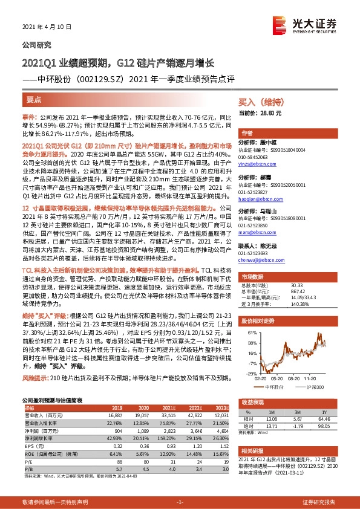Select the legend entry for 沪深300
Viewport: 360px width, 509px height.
(315, 384)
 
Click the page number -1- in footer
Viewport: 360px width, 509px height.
(179, 502)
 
